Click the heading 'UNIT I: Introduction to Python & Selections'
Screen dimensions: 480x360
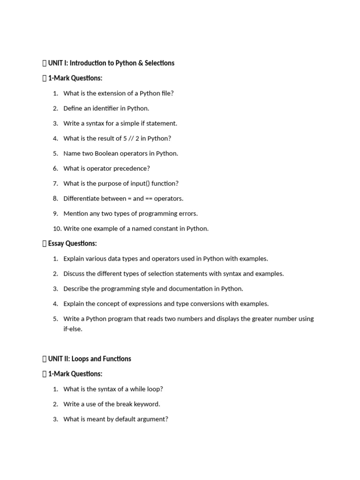(x=111, y=63)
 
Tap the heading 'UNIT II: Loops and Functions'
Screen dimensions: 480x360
(x=90, y=359)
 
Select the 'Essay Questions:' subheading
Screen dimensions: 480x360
(x=72, y=243)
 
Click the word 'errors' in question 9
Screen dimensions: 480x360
(x=187, y=213)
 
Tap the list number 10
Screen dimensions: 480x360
(x=56, y=228)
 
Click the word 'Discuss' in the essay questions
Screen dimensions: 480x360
(x=75, y=273)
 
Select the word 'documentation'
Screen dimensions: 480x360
(x=183, y=288)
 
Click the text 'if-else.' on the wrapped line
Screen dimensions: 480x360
(x=73, y=329)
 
